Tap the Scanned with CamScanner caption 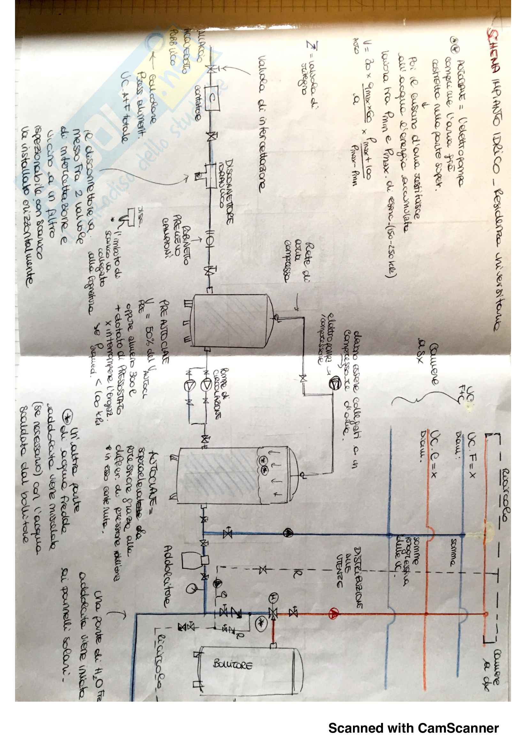point(413,728)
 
